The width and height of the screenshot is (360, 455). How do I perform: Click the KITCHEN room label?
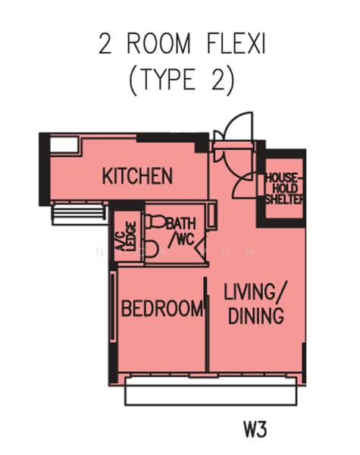coord(137,176)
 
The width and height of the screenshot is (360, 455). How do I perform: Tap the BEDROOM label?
coord(162,308)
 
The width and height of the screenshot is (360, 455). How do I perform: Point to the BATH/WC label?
coord(181,232)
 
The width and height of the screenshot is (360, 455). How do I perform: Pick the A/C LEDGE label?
coord(126,236)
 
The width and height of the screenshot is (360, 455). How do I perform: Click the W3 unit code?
coord(255,429)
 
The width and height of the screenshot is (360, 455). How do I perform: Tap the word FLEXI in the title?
coord(236,44)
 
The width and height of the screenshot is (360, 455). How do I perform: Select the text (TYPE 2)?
coord(182,79)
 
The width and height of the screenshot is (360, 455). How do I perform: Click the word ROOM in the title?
coord(158,44)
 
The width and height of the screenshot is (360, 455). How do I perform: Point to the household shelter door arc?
coord(245,186)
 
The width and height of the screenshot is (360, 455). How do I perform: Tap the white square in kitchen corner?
coord(64,144)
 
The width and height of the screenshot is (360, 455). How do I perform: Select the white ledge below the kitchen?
coord(78,215)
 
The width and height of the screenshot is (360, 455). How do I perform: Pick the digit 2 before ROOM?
coord(105,44)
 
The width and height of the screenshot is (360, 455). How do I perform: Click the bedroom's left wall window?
coord(113,306)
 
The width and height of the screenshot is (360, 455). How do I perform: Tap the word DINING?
coord(256,315)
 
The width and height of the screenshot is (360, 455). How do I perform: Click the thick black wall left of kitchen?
coord(45,169)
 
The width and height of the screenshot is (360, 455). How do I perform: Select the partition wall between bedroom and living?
coord(207,324)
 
